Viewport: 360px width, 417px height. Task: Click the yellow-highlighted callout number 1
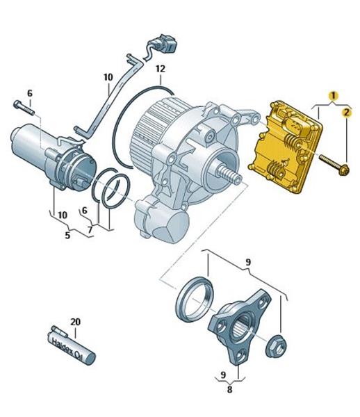tap(334, 95)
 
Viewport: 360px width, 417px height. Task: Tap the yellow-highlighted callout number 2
tap(346, 113)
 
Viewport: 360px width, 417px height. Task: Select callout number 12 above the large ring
tap(161, 69)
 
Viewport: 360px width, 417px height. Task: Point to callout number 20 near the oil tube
tap(75, 322)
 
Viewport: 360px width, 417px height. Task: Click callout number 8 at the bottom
tap(230, 389)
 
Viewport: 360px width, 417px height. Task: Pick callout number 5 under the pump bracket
tap(67, 235)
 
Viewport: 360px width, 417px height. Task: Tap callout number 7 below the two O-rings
tap(90, 229)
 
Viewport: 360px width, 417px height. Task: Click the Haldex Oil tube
tap(72, 345)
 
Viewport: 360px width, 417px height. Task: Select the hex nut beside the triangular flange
tap(276, 346)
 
